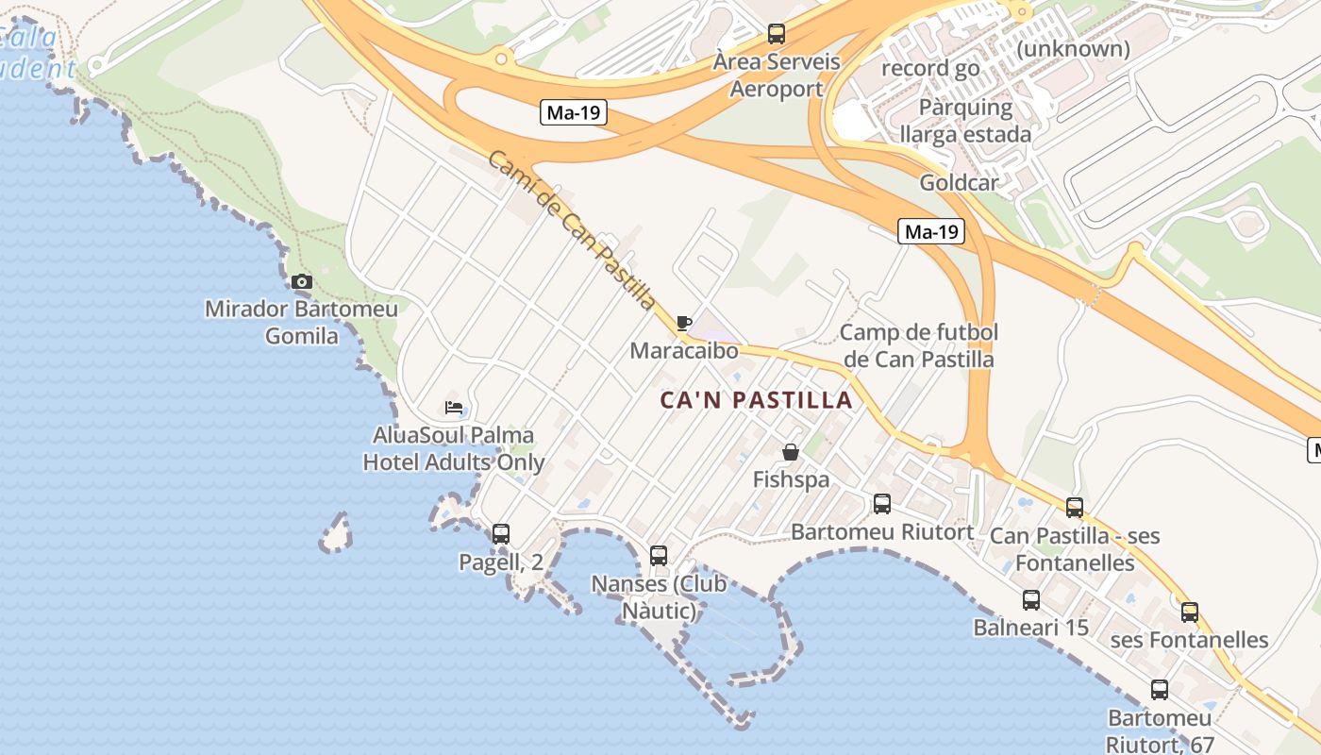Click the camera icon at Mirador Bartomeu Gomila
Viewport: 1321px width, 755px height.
tap(302, 281)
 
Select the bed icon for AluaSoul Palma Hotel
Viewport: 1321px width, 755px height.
tap(454, 408)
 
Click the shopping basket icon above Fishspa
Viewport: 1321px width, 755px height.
tap(791, 452)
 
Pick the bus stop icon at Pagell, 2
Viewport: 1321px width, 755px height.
tap(501, 533)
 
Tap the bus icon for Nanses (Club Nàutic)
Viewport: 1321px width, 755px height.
tap(659, 555)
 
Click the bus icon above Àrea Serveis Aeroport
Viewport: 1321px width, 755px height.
tap(777, 34)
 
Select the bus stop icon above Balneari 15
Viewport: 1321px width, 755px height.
tap(1031, 599)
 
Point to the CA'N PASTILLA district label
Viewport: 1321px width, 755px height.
tap(756, 400)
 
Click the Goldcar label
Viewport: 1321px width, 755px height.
tap(959, 183)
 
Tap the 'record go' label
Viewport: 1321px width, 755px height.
tap(929, 68)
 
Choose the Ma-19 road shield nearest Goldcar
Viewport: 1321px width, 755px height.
tap(930, 231)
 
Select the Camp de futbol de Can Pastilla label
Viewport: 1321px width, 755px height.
tap(919, 345)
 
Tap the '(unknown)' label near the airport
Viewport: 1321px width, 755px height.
tap(1073, 48)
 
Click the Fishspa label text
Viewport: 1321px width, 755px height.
tap(791, 479)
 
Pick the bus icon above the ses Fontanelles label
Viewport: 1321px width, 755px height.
tap(1190, 612)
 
